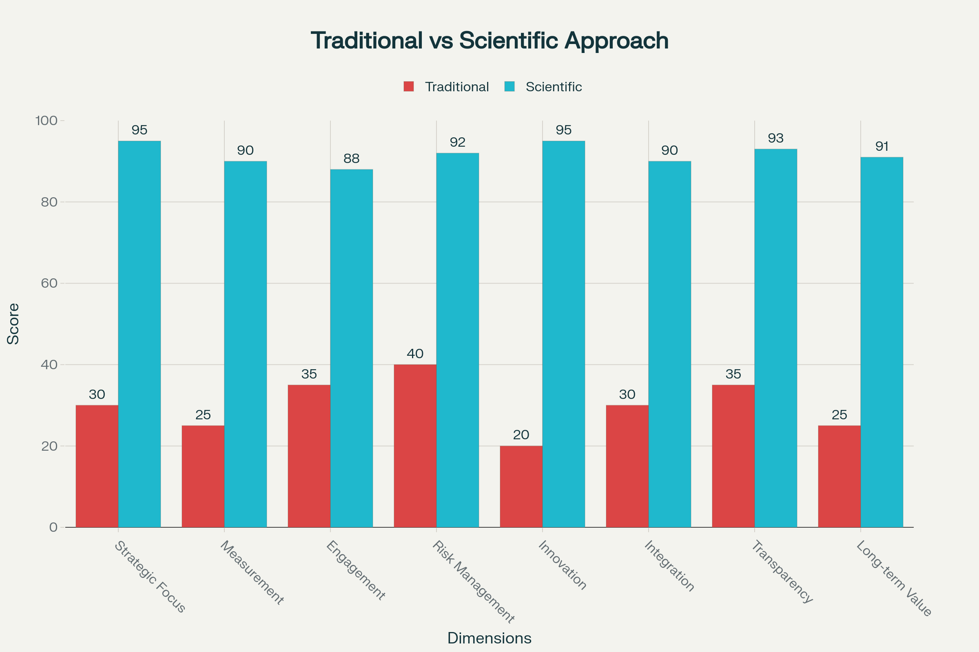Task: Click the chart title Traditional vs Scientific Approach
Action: pyautogui.click(x=489, y=41)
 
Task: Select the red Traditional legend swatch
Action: pyautogui.click(x=409, y=86)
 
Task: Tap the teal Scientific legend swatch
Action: pyautogui.click(x=509, y=86)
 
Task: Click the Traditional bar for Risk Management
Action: pyautogui.click(x=415, y=446)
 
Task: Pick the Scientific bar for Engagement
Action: pyautogui.click(x=351, y=348)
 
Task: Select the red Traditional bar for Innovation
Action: pyautogui.click(x=521, y=487)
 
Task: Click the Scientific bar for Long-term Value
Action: pyautogui.click(x=882, y=342)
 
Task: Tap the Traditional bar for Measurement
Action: pyautogui.click(x=203, y=476)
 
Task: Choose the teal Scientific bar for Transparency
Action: pyautogui.click(x=775, y=338)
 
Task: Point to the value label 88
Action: pyautogui.click(x=351, y=159)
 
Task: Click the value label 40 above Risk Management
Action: pyautogui.click(x=415, y=354)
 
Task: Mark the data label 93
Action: pyautogui.click(x=775, y=138)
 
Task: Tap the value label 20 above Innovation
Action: pyautogui.click(x=521, y=435)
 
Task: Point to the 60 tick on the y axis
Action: pyautogui.click(x=49, y=283)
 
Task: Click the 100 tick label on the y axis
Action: pyautogui.click(x=46, y=121)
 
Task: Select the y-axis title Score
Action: pyautogui.click(x=13, y=324)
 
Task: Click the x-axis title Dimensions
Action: pyautogui.click(x=489, y=638)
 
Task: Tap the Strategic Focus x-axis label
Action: pyautogui.click(x=150, y=576)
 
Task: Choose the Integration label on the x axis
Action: pyautogui.click(x=669, y=566)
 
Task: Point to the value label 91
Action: pyautogui.click(x=882, y=146)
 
